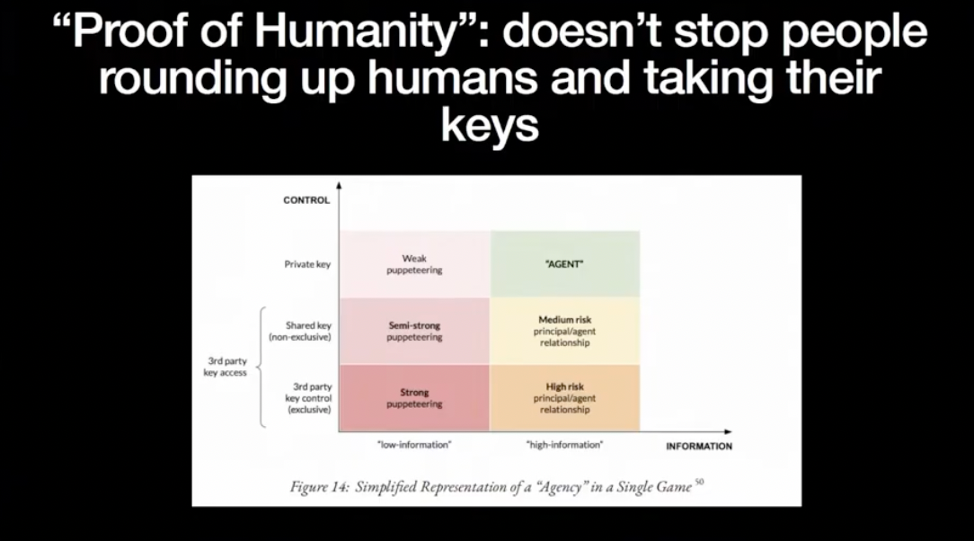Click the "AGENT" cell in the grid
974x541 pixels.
point(564,264)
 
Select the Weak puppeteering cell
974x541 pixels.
point(414,264)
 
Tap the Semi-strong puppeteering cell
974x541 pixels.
point(414,331)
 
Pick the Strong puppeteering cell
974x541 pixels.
point(414,397)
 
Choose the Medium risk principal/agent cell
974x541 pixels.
point(564,331)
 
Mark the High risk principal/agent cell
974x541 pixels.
point(564,397)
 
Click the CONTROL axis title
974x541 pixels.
point(306,200)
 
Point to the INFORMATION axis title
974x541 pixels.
point(699,446)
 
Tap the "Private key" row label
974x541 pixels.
point(307,264)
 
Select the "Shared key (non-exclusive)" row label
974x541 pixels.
point(300,331)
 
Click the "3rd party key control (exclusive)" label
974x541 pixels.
point(309,398)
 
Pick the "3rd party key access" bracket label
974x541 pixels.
point(226,367)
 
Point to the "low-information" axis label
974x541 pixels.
point(414,445)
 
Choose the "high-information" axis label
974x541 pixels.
point(564,445)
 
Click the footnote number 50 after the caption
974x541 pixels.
point(699,482)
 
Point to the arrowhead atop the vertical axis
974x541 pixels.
point(339,185)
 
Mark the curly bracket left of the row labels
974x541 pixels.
point(261,367)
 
